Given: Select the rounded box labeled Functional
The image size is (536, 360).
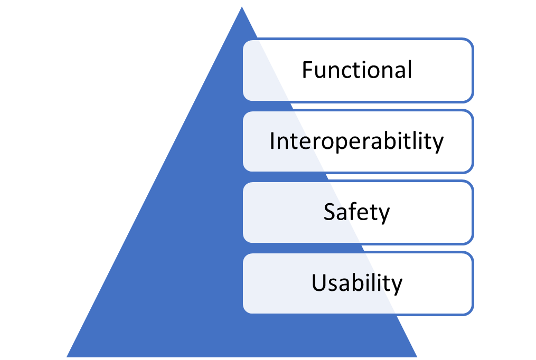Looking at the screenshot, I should pos(358,70).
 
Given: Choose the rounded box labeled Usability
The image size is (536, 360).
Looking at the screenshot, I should pos(358,283).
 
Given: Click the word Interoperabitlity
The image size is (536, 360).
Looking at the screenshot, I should pos(356,141).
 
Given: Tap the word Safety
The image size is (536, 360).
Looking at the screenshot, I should pos(356,212).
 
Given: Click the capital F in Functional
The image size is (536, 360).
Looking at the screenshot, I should pos(307,70).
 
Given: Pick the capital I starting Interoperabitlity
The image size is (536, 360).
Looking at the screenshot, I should pos(272,141).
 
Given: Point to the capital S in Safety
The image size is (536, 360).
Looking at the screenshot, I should pos(328,212).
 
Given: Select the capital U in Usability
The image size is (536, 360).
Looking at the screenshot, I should pos(318,283).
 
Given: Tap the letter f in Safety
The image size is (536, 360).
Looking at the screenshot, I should pos(350,211).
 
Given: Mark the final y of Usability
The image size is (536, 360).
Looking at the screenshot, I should pos(397,286).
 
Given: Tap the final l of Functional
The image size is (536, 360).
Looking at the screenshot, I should pos(409,69).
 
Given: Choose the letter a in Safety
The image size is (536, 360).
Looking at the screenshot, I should pos(340,213).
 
